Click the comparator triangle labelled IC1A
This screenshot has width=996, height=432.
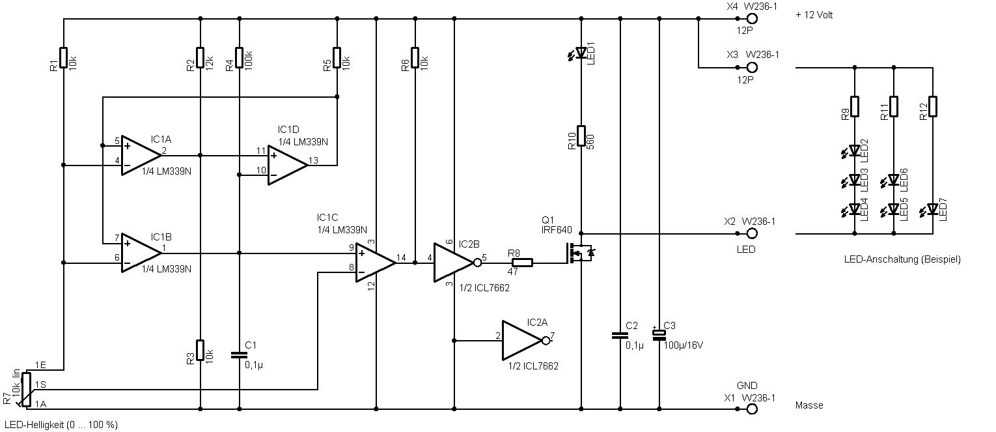[x=139, y=156]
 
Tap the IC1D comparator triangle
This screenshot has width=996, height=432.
[x=287, y=166]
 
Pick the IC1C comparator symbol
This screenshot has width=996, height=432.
[x=374, y=262]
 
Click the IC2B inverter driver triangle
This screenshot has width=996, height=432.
[x=453, y=263]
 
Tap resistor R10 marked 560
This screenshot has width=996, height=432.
[x=581, y=138]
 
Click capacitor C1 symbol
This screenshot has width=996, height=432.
[x=240, y=355]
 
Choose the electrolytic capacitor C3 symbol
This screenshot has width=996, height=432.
[x=659, y=335]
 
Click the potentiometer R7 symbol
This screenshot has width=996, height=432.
[x=26, y=389]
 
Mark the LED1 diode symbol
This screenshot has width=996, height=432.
[x=581, y=53]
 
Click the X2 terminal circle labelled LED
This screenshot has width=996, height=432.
[x=752, y=233]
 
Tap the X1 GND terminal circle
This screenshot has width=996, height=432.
[x=752, y=409]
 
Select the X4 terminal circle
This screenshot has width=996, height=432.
[x=752, y=20]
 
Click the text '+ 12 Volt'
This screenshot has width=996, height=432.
[x=814, y=15]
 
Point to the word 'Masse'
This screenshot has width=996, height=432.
[x=809, y=405]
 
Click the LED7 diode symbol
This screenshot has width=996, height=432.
[x=932, y=209]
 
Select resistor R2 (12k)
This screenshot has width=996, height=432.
[x=200, y=57]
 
